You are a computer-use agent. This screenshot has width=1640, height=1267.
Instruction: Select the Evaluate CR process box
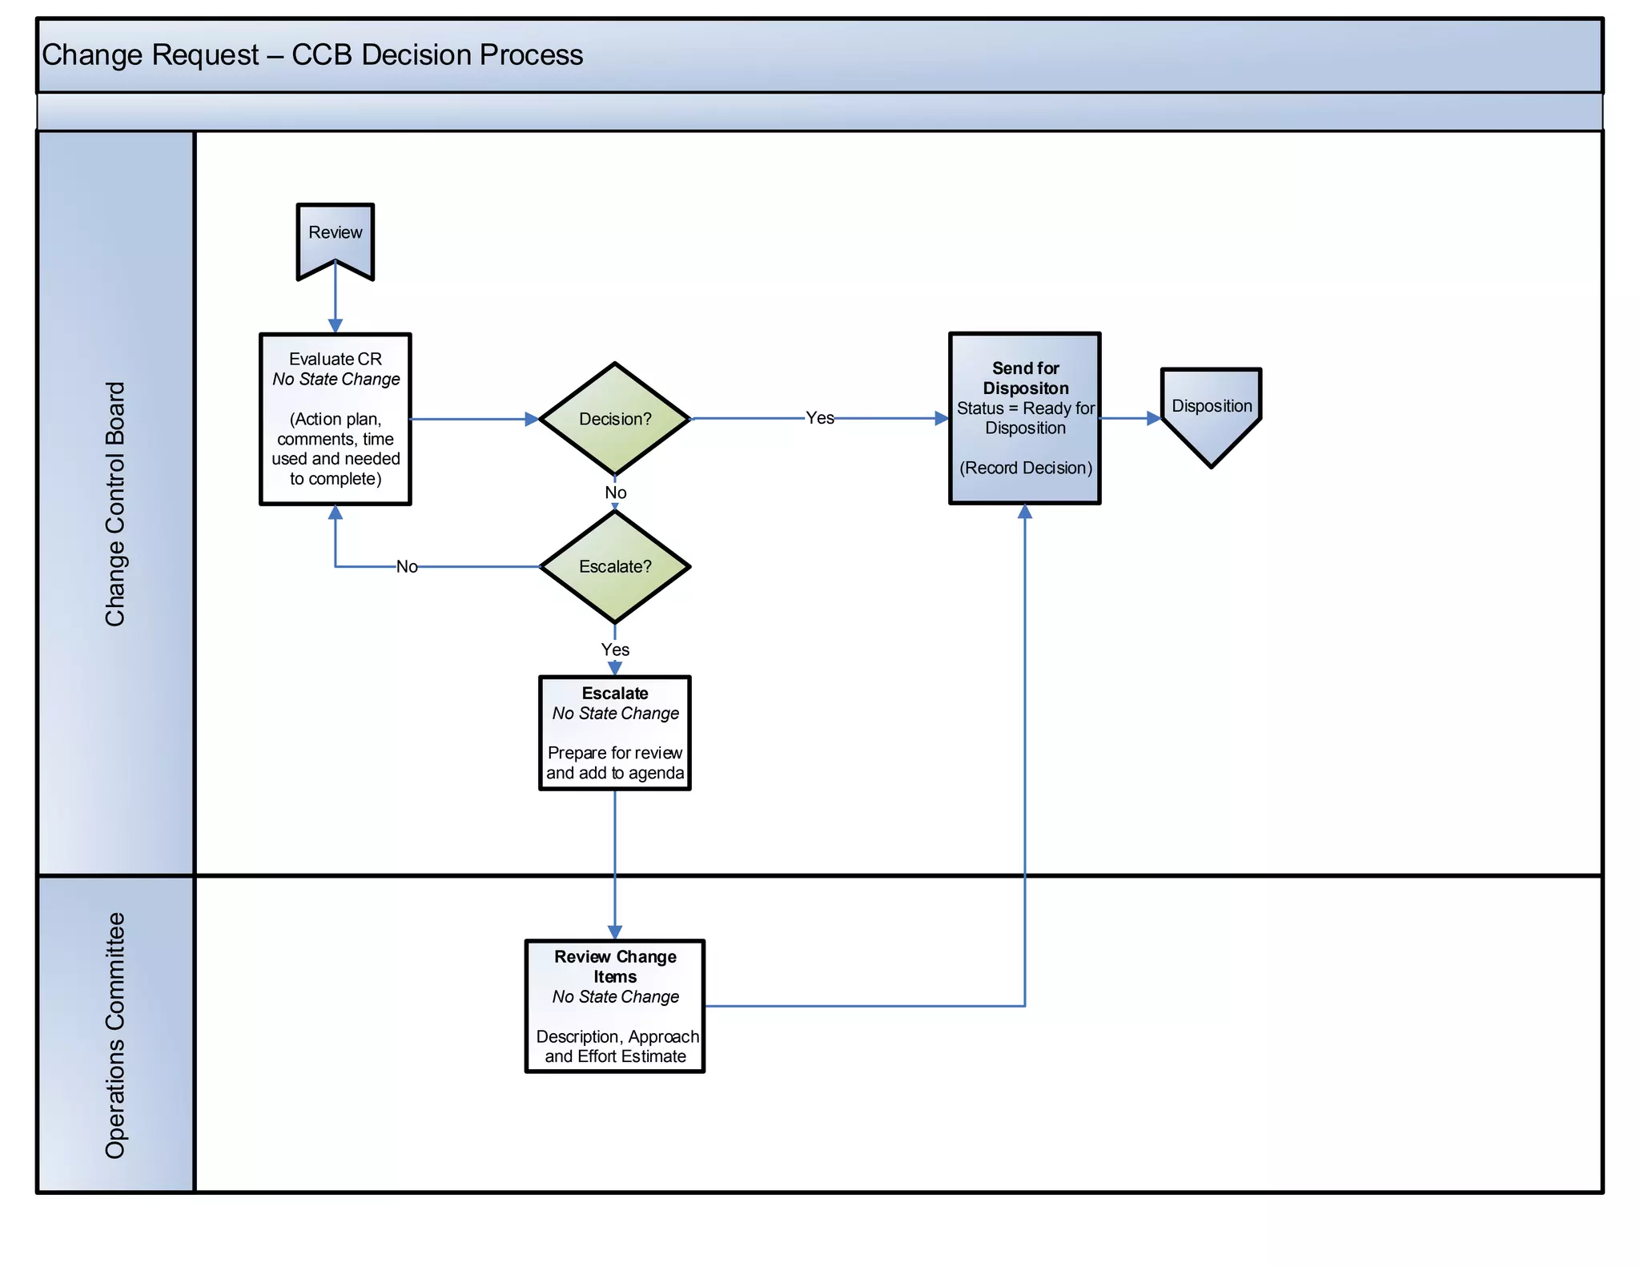tap(335, 419)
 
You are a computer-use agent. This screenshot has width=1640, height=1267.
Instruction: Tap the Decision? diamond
tap(614, 419)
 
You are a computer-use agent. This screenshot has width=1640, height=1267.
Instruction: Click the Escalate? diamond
tap(614, 566)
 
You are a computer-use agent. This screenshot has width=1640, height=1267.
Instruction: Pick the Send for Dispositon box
tap(1024, 418)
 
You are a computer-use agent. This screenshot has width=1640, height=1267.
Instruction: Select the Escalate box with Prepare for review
tap(614, 733)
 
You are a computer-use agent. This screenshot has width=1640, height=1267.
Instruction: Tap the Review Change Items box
tap(614, 1006)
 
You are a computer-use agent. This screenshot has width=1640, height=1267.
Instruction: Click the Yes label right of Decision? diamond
tap(819, 418)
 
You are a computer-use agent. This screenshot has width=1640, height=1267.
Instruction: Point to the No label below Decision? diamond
tap(615, 493)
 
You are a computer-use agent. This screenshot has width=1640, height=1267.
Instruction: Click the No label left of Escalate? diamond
tap(407, 567)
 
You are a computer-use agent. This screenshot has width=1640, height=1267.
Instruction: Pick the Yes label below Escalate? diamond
tap(615, 650)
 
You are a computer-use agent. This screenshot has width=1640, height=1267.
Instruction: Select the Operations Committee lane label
tap(115, 1035)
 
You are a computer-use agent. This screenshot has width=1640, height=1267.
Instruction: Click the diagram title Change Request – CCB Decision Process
tap(312, 55)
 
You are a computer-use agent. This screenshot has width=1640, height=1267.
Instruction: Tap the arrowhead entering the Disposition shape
tap(1154, 418)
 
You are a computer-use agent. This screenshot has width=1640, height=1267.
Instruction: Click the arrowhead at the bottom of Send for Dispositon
tap(1024, 512)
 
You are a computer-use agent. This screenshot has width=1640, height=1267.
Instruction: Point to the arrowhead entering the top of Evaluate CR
tap(336, 326)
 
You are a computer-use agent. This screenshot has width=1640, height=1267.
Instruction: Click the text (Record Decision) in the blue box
tap(1025, 468)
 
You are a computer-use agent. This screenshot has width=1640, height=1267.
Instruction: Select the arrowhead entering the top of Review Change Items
tap(614, 932)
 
